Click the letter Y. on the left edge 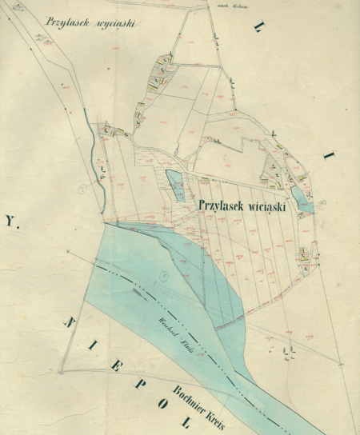(x=10, y=217)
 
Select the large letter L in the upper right (x=258, y=29)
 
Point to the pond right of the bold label (x=303, y=200)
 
